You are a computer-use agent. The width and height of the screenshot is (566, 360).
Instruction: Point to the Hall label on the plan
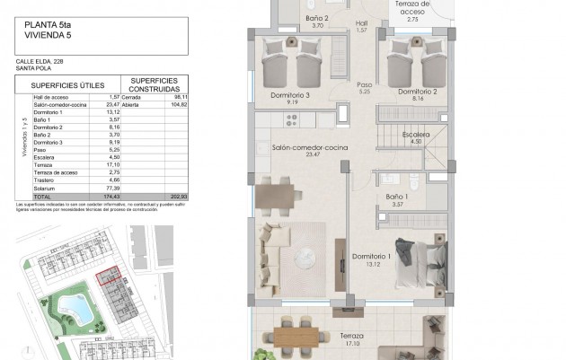[x=362, y=23]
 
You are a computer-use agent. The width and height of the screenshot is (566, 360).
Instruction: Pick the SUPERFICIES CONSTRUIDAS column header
[x=153, y=82]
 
